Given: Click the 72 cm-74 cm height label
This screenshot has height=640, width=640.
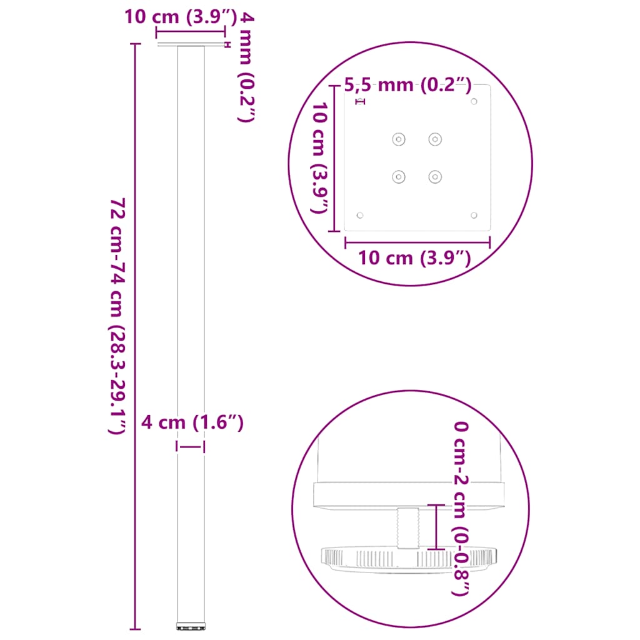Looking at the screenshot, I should point(119,316).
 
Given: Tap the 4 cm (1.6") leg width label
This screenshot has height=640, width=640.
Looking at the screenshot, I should point(192,423).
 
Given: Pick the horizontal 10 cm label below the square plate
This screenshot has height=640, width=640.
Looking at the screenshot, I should point(414,257).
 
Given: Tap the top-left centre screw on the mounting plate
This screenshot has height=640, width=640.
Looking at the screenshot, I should point(398,139).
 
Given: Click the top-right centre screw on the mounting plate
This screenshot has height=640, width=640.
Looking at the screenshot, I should point(434,139).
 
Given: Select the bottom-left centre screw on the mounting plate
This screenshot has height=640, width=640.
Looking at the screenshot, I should point(398,177).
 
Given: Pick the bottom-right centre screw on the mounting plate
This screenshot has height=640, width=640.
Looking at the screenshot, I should point(434,177).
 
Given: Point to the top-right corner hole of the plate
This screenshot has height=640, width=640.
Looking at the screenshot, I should point(474,101).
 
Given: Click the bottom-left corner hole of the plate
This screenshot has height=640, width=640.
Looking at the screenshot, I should point(359,215).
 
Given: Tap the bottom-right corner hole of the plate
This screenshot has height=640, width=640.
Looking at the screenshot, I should point(474,215).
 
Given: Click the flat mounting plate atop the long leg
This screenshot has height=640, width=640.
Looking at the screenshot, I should point(191,46).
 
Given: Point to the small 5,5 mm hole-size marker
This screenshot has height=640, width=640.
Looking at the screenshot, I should point(359,101).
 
